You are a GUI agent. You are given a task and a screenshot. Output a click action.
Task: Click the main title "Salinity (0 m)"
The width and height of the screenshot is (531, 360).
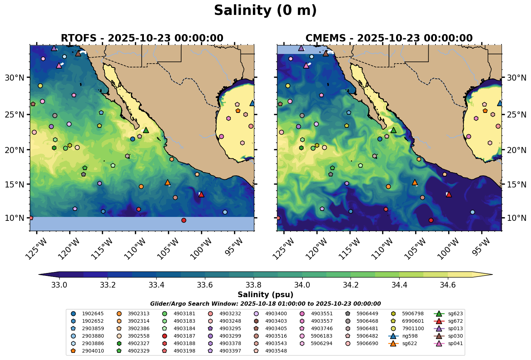tap(265, 11)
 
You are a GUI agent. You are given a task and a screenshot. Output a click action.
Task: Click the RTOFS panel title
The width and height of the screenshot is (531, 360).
tap(142, 38)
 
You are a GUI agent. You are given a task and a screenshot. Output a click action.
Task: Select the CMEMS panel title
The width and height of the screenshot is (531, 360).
tap(389, 38)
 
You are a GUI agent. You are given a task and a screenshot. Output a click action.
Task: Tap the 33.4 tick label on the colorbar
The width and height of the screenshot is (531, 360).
tap(156, 285)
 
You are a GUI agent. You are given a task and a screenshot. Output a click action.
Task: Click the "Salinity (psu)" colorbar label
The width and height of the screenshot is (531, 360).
tap(265, 295)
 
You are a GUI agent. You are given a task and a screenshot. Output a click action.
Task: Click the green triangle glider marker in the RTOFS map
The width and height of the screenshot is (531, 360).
tap(146, 130)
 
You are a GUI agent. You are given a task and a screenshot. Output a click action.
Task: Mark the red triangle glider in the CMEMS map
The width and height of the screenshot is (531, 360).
tap(449, 194)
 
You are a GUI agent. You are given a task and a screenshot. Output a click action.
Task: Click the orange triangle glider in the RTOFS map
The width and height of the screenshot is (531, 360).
tap(168, 182)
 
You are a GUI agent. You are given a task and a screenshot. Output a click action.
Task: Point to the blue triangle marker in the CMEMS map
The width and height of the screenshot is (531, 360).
tap(500, 103)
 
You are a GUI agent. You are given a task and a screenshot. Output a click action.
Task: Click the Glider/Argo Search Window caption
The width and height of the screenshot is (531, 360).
tap(265, 304)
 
